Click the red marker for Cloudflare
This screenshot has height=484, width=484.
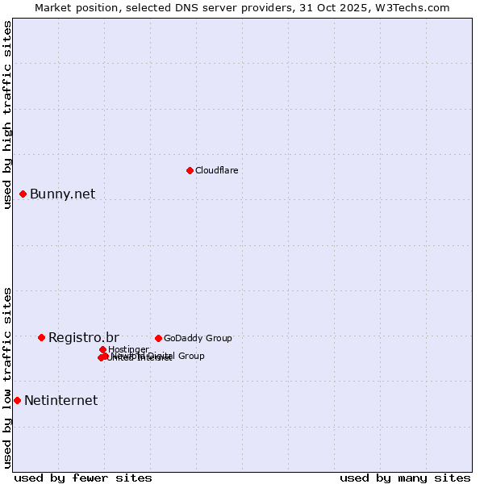[190, 170]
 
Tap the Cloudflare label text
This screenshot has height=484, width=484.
[216, 170]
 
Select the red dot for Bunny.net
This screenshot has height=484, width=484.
[23, 194]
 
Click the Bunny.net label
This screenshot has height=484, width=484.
[62, 194]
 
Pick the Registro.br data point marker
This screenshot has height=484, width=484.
[41, 337]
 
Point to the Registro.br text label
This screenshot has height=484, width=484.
[83, 337]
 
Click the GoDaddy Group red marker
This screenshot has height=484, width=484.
[158, 338]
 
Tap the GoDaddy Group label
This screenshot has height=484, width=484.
[198, 338]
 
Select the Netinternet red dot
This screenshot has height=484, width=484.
[17, 400]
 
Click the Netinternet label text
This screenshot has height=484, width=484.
[60, 400]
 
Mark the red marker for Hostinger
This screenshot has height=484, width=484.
[102, 349]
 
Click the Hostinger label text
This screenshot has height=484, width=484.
[128, 349]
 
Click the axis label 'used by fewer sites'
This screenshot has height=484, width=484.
[83, 478]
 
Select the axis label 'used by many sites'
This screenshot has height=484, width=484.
[405, 478]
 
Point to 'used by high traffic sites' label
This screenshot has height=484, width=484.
[8, 115]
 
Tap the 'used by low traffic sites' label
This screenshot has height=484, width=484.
[8, 378]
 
